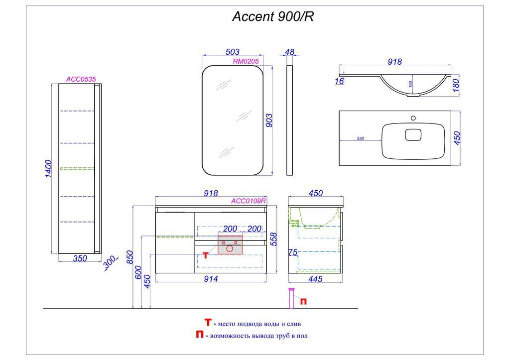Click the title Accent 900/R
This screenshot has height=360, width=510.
coord(273,17)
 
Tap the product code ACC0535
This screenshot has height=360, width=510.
coord(81,79)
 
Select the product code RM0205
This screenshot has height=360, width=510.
coord(246,61)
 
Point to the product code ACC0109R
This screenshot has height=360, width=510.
coord(249,201)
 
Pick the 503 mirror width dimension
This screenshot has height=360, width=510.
coord(233,52)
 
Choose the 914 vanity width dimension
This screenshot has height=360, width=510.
coord(211,279)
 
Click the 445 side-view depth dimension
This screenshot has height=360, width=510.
coord(316,279)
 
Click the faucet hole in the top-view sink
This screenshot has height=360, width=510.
coord(413,118)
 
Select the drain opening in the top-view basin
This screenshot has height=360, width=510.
coord(413,134)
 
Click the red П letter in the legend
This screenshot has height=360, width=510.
coord(199,335)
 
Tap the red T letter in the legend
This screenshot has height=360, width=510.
coord(208,323)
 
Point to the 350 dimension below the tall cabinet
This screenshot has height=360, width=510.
coord(80,258)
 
